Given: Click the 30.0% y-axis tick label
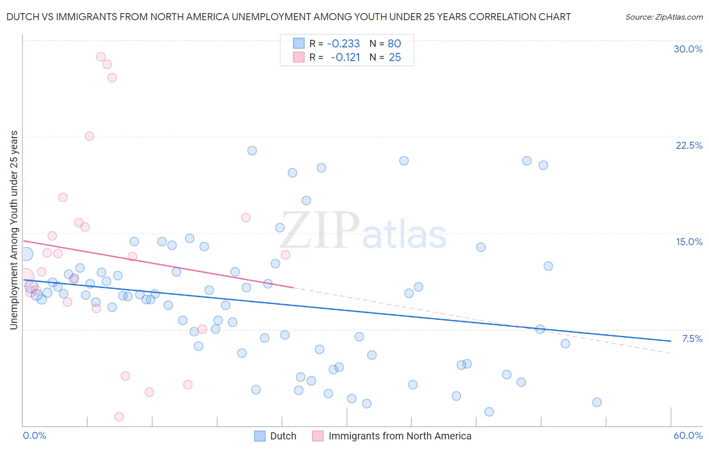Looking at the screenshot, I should tap(688, 49).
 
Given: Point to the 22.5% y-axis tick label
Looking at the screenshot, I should tap(689, 145).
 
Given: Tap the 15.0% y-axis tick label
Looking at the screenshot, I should tap(689, 242).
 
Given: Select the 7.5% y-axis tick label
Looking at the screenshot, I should tap(692, 339).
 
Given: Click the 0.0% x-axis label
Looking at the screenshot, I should tap(34, 435).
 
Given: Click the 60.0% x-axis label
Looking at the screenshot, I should tap(688, 435).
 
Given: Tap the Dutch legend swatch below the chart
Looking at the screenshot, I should tap(260, 436).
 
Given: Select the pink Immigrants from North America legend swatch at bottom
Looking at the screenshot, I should tap(318, 436).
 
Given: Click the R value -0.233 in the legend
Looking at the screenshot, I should tap(343, 43).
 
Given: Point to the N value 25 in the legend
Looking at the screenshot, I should tap(395, 58).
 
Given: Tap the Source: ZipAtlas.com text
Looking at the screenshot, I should tap(664, 17).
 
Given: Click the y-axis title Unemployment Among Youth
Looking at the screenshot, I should tap(14, 230).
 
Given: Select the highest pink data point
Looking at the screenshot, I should tap(101, 57).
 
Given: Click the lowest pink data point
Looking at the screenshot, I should tap(119, 417).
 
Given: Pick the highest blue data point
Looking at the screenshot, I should tap(252, 151).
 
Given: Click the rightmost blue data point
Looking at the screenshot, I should tap(597, 402).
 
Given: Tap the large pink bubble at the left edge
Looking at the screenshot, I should tap(25, 277).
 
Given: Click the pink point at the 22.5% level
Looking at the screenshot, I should tap(89, 136).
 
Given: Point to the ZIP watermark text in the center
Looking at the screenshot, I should tap(320, 231).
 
